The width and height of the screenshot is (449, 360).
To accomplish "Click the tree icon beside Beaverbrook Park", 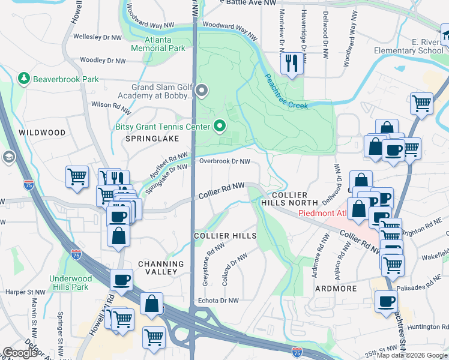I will pos(23,79).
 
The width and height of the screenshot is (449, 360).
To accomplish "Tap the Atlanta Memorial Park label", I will pos(157,44).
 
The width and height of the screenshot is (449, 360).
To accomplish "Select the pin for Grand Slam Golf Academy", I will pos(202,91).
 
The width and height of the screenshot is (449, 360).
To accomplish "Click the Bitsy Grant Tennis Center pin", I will pos(219,126).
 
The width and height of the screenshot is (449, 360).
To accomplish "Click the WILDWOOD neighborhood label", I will pos(41,132).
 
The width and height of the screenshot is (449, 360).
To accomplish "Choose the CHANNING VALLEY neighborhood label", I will pos(161,268).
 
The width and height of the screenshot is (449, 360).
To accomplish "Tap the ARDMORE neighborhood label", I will pos(336,289).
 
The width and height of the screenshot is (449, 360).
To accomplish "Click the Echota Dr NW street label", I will pos(218,301).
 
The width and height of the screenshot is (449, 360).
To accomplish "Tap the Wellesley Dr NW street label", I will pos(100,37).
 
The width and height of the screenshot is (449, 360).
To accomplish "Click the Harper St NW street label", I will pos(22,292).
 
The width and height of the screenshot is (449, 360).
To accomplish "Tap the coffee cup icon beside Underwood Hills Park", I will pos(122,280).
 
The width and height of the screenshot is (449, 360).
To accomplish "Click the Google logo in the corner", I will pos(20,353).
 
